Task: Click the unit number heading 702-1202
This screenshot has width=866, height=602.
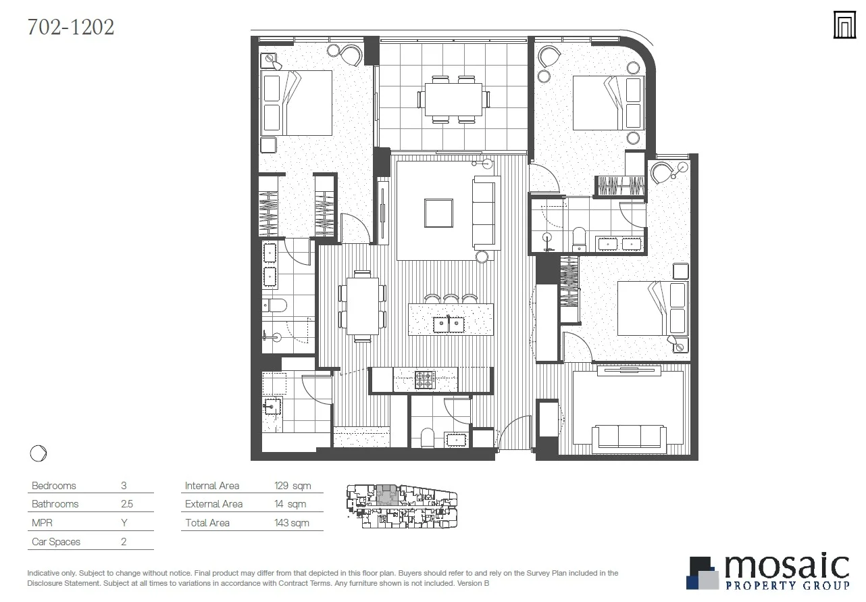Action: (71, 27)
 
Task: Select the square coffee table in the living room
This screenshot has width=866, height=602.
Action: (438, 213)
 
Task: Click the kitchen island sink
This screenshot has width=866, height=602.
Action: (451, 322)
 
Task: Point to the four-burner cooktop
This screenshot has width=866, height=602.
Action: (425, 380)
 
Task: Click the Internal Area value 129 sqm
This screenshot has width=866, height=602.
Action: (291, 486)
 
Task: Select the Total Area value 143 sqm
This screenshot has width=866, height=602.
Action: (291, 523)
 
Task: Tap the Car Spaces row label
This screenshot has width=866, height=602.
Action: (56, 542)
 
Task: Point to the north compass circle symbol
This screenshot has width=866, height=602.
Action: (39, 453)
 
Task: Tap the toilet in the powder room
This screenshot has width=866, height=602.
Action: (427, 438)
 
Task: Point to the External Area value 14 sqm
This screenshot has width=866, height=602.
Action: (290, 504)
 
